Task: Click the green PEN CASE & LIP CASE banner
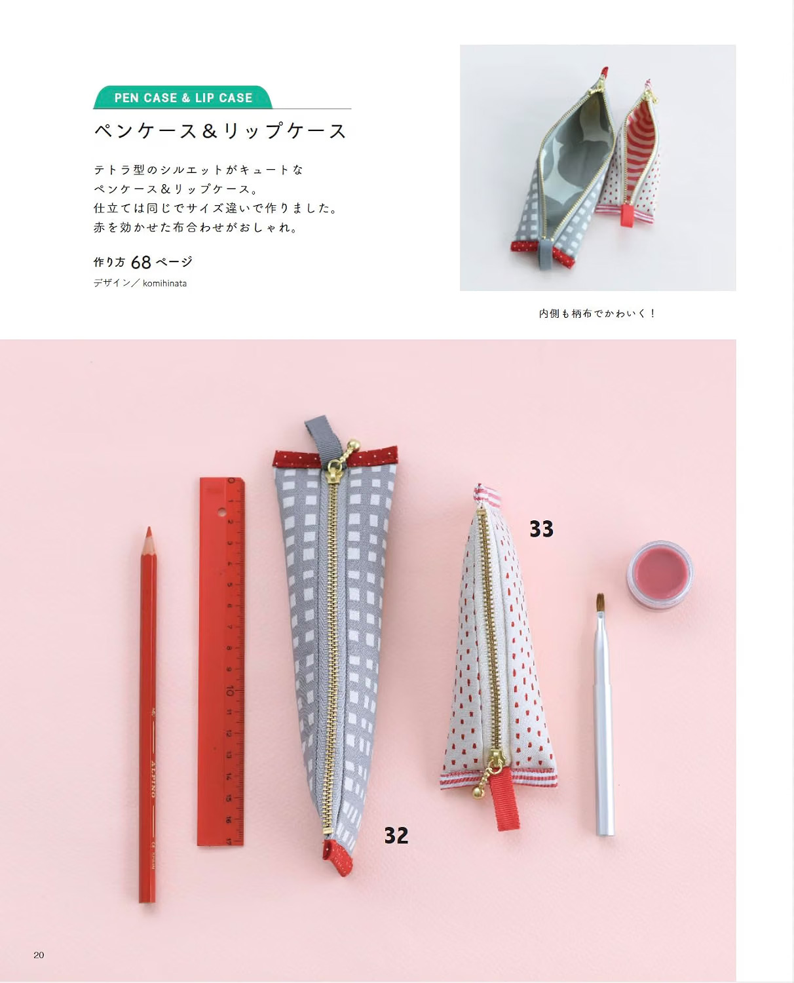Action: coord(183,98)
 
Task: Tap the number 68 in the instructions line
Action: coord(141,263)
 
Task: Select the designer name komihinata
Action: coord(164,283)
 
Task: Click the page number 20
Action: coord(39,955)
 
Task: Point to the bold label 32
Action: coord(396,836)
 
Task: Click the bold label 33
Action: coord(541,529)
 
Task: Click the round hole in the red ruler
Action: coord(221,512)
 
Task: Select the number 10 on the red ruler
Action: coord(229,691)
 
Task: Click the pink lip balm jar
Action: coord(660,575)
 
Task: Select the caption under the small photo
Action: coord(597,314)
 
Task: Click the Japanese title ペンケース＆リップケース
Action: coord(221,132)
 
